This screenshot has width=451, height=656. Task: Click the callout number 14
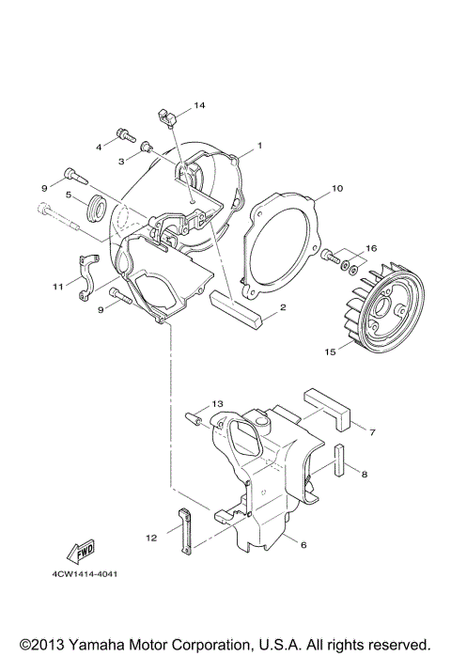pos(199,104)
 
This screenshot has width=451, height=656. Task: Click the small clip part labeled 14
pos(167,117)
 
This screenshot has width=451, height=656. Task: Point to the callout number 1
pos(259,146)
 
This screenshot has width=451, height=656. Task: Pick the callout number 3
pos(121,161)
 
